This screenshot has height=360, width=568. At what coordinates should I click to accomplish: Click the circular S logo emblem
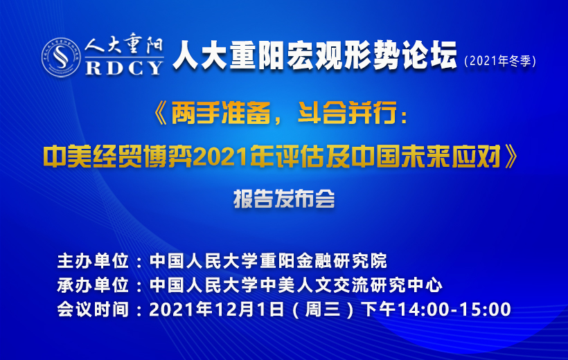61,57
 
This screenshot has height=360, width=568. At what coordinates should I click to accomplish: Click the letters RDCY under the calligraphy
124,68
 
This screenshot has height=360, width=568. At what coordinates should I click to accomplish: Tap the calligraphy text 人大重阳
124,45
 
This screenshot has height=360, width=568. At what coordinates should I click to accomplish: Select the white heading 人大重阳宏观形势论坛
314,55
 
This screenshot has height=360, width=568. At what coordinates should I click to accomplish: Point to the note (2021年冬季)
500,60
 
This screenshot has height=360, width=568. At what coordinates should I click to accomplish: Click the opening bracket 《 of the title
161,114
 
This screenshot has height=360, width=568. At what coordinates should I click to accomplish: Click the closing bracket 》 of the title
511,156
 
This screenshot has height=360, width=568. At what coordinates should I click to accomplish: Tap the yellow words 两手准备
220,114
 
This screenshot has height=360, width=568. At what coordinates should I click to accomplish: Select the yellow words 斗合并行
346,114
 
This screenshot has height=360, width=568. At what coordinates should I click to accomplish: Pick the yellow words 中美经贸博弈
117,157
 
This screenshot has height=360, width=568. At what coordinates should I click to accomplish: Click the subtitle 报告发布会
284,199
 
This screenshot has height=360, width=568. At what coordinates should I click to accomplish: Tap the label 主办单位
93,261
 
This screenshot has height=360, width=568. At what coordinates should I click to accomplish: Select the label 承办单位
93,285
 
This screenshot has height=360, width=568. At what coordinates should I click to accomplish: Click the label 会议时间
93,309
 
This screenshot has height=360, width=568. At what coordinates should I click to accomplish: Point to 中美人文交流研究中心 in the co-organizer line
351,285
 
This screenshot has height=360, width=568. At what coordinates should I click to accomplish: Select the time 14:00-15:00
454,309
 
